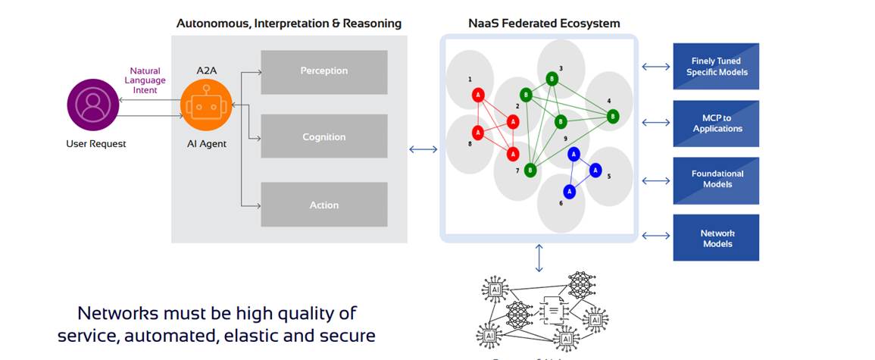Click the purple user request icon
(93, 106)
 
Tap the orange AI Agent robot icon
(206, 105)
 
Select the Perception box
(323, 71)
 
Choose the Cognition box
(323, 137)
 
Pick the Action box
(323, 205)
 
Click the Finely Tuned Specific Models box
(716, 67)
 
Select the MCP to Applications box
(716, 124)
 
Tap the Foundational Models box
(716, 180)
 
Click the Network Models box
(716, 238)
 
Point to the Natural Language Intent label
(145, 80)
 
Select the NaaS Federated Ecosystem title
(544, 23)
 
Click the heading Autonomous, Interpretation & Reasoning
(289, 23)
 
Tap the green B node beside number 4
(612, 116)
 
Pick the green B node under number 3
(552, 79)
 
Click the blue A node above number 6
(569, 192)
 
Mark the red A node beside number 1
(478, 95)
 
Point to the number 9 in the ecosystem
(565, 139)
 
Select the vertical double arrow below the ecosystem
(539, 258)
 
